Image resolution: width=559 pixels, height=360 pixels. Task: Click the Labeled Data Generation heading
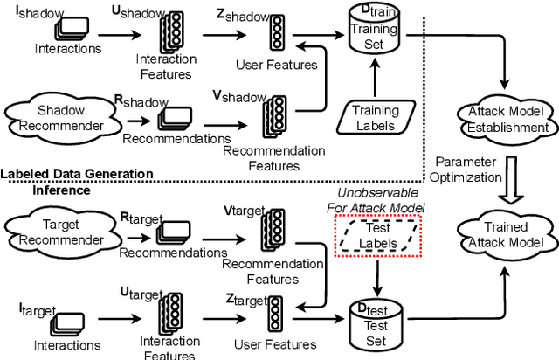(77, 174)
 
